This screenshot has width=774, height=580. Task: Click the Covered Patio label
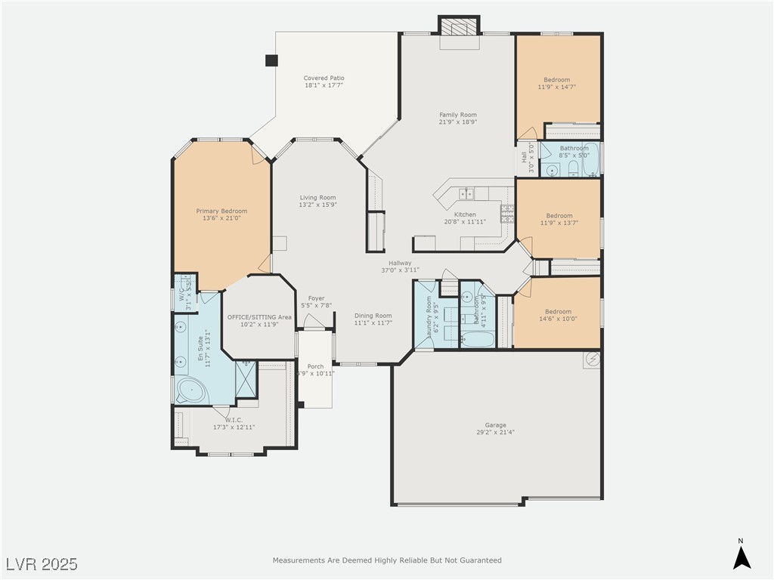click(x=324, y=78)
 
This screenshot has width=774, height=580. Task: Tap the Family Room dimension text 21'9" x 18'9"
click(x=458, y=122)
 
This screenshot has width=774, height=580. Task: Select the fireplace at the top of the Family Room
click(x=460, y=27)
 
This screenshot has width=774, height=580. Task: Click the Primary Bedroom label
click(x=221, y=211)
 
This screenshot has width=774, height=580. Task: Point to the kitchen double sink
click(x=465, y=195)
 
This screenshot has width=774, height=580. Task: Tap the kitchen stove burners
click(x=507, y=212)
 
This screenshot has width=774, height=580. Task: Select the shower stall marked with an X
click(x=246, y=379)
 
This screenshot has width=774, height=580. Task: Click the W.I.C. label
click(x=234, y=420)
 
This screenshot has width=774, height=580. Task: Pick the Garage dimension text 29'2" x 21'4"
click(x=496, y=433)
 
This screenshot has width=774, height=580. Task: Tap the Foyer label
click(x=316, y=298)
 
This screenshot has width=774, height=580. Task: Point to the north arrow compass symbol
click(x=741, y=557)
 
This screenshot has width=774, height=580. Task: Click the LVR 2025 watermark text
click(x=42, y=564)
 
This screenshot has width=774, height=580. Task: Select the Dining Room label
click(x=373, y=316)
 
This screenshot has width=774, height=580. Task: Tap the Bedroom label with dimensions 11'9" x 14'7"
click(x=557, y=79)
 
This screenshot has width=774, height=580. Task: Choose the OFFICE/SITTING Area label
click(x=259, y=317)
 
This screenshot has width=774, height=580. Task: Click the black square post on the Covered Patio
click(x=271, y=60)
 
